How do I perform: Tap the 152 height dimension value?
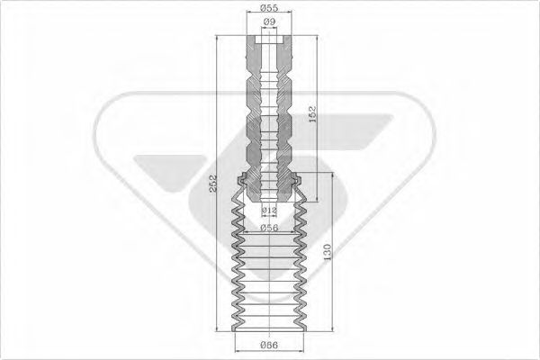point(312,115)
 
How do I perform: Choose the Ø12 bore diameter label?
point(268,211)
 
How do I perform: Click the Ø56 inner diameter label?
point(268,229)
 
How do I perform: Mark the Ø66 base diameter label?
point(268,345)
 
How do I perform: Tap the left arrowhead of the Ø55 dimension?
point(247,15)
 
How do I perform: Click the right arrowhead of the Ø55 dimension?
point(292,15)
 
